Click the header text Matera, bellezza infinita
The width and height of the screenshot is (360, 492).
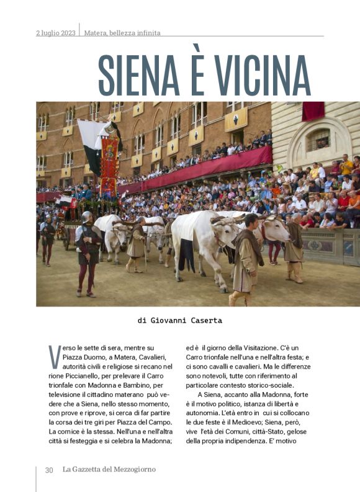point(122,33)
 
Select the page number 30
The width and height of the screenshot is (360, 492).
point(49,470)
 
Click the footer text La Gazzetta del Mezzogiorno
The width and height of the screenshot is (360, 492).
point(109,470)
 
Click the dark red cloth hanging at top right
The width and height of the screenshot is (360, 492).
point(313,111)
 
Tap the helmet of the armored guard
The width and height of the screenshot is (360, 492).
point(86,217)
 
